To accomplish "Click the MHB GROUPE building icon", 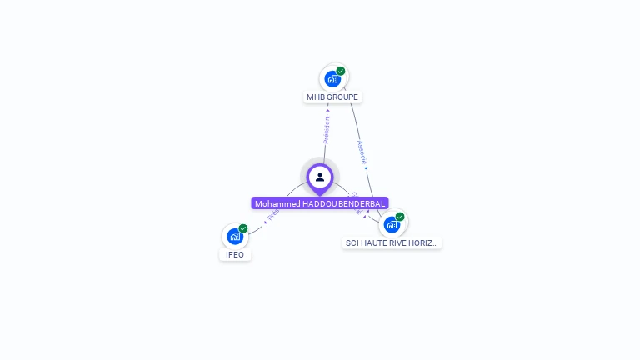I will [x=332, y=79].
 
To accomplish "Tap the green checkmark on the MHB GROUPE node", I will [x=341, y=71].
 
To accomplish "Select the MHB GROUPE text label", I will [x=332, y=97].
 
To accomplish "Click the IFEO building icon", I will [x=235, y=237].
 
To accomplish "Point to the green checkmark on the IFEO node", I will [x=243, y=228].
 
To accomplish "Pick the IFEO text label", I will [x=235, y=255].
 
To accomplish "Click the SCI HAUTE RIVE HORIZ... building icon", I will [x=392, y=224].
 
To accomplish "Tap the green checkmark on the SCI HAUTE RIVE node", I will [x=400, y=217].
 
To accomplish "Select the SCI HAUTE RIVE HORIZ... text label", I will [x=392, y=243].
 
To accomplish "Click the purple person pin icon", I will [x=320, y=177].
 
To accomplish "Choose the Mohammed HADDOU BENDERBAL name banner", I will [x=320, y=203].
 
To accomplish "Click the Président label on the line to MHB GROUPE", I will [x=327, y=128].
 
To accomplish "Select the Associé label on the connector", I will [x=362, y=152].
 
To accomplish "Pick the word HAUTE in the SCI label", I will [x=375, y=243].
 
